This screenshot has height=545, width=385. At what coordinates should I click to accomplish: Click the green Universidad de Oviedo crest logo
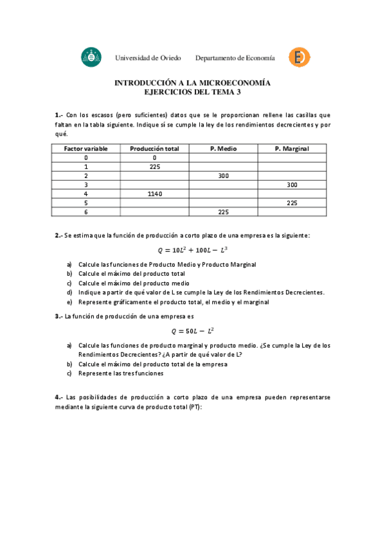[x=91, y=57]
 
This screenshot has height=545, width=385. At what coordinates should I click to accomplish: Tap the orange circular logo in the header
[x=299, y=57]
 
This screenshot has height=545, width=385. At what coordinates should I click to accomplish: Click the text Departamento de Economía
[x=235, y=58]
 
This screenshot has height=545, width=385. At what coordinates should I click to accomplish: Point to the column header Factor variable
[x=85, y=148]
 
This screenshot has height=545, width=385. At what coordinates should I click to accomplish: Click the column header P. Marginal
[x=291, y=148]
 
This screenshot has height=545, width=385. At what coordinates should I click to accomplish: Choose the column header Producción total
[x=154, y=148]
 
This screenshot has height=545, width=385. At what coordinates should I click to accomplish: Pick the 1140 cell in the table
[x=154, y=193]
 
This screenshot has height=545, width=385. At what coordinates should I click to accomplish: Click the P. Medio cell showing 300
[x=223, y=175]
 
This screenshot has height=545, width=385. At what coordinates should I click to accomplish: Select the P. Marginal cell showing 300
[x=292, y=184]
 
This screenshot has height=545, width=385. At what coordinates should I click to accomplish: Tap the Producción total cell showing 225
[x=154, y=166]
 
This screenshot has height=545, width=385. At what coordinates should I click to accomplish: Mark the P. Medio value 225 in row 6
[x=223, y=211]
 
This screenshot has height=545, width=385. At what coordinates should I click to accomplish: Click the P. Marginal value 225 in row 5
[x=292, y=202]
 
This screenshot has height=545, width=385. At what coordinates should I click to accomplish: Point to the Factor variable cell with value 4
[x=85, y=193]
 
